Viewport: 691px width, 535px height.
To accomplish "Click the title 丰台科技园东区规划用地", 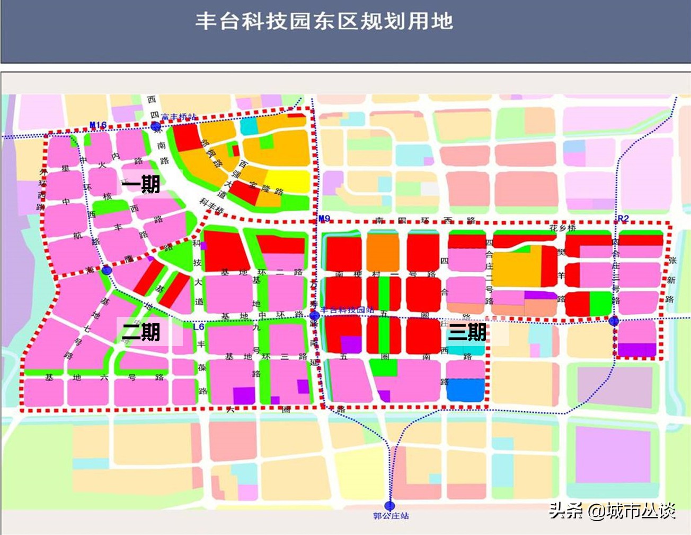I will pos(324,22).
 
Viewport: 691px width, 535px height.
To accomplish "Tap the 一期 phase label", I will pos(141,185).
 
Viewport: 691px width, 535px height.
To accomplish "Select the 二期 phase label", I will pos(141,332).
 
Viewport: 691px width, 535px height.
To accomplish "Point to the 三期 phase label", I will pos(467,332).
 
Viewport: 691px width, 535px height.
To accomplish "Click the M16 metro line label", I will pos(98,125).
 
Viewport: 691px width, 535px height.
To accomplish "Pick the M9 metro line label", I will pos(324,218).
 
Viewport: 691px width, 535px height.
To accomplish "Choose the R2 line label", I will pos(623,219).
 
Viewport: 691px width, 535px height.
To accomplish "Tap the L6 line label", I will pos(199,327).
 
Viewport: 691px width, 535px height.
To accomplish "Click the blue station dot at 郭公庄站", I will pos(391,506).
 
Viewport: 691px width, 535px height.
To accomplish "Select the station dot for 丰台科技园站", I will pos(315,316).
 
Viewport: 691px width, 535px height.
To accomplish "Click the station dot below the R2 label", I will pos(614,321).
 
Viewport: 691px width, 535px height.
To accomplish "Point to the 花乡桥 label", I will pos(562,228).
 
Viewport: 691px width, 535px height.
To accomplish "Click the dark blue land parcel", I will pos(465,389).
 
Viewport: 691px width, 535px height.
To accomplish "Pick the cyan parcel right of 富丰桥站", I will pos(249,126).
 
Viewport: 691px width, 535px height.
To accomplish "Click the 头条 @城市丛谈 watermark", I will pos(612,511).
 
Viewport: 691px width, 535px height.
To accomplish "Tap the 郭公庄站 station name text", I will pos(391,516).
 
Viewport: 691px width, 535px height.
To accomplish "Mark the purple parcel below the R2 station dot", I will pos(638,349).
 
